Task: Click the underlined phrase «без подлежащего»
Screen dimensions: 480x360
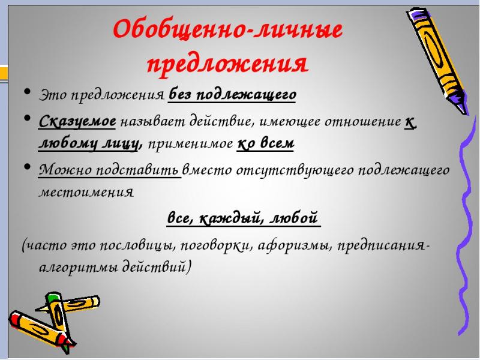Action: (232, 95)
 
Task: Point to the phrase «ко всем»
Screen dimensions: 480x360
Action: (265, 143)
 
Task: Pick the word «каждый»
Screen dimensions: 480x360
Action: (233, 218)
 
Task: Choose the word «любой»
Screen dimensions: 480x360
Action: (294, 218)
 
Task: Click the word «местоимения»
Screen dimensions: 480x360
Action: (86, 192)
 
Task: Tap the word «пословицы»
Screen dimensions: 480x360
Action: (138, 245)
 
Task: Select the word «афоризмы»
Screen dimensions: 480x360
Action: (295, 245)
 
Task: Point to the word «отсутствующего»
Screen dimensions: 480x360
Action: (295, 170)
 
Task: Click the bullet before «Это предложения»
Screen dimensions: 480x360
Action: (28, 92)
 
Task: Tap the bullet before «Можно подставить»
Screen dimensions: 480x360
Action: (28, 167)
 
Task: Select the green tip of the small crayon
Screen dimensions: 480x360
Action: (52, 296)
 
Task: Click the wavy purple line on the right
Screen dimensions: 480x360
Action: (467, 227)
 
